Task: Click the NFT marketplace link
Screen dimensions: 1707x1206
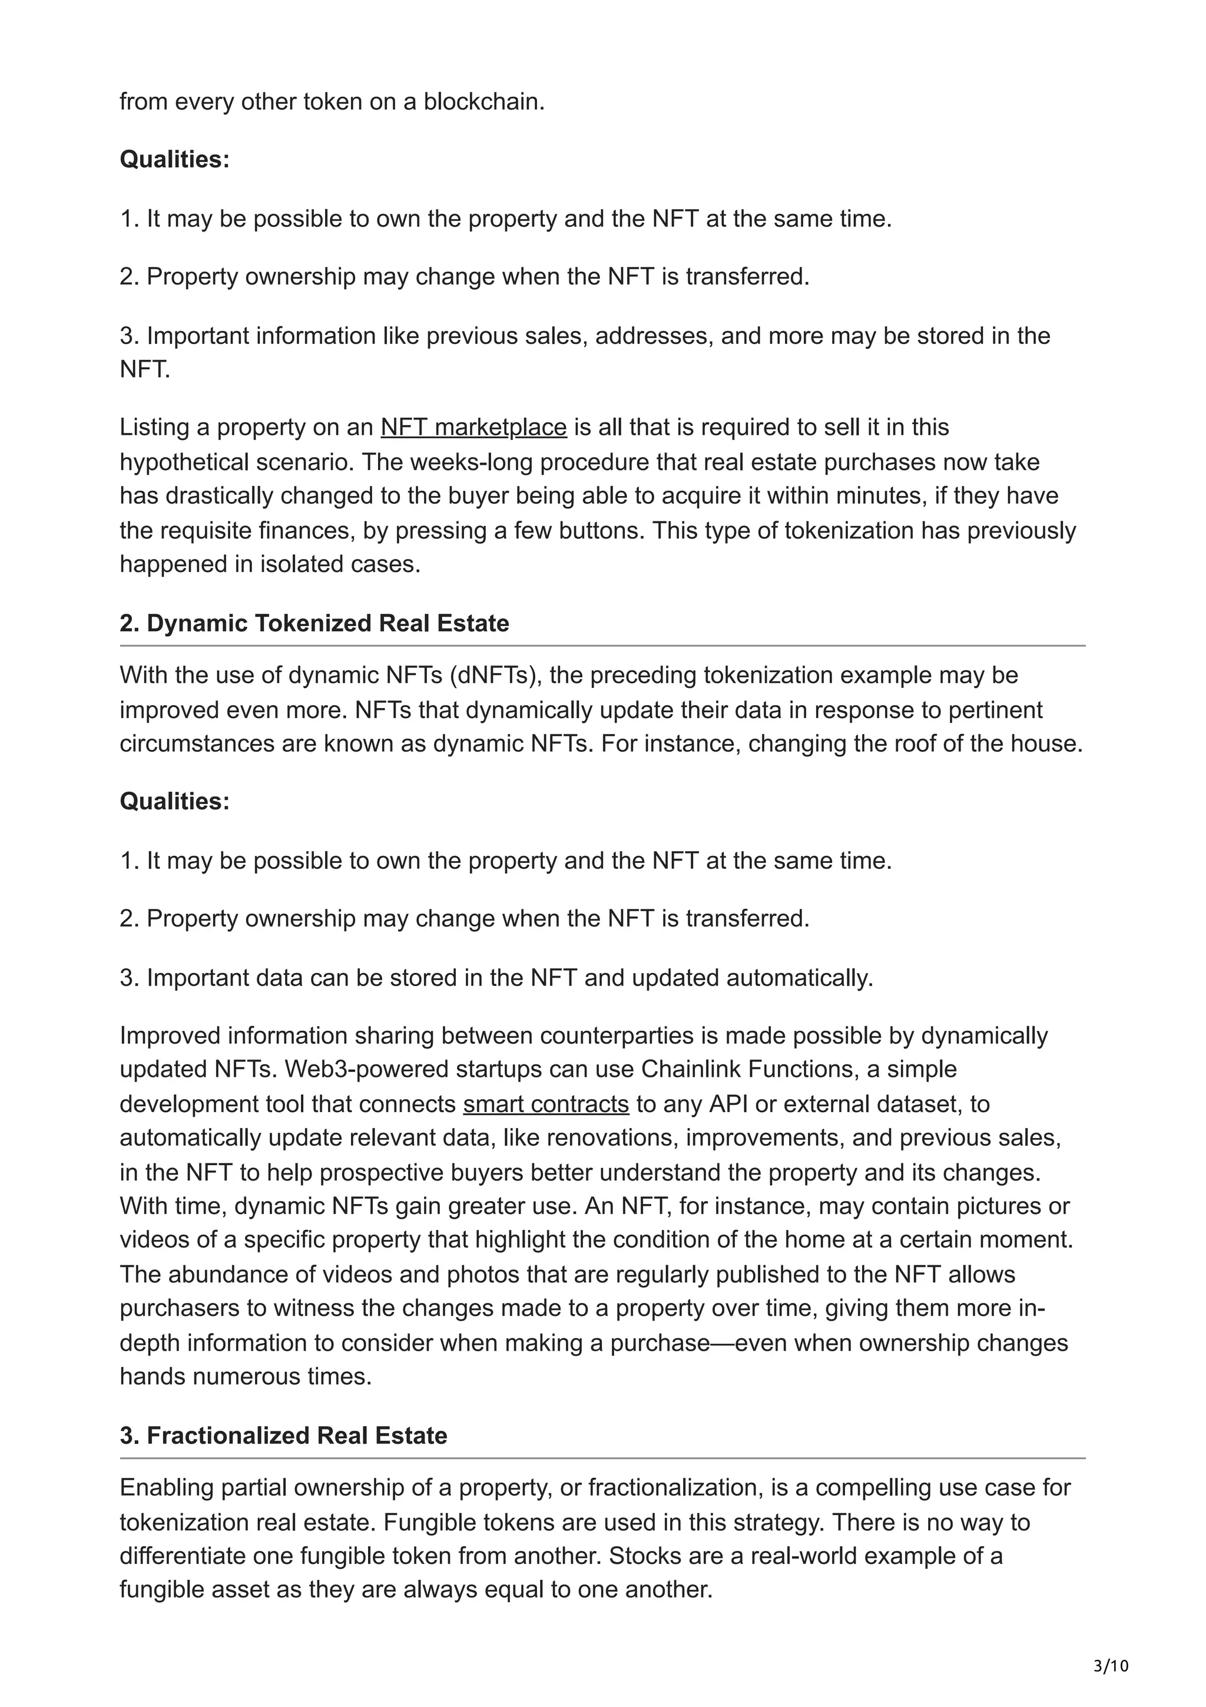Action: pyautogui.click(x=473, y=428)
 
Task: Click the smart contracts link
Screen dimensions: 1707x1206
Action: pyautogui.click(x=545, y=1104)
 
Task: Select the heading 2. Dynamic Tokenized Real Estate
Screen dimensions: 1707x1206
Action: pyautogui.click(x=314, y=623)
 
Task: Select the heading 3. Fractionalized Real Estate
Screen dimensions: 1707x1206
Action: pyautogui.click(x=283, y=1435)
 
